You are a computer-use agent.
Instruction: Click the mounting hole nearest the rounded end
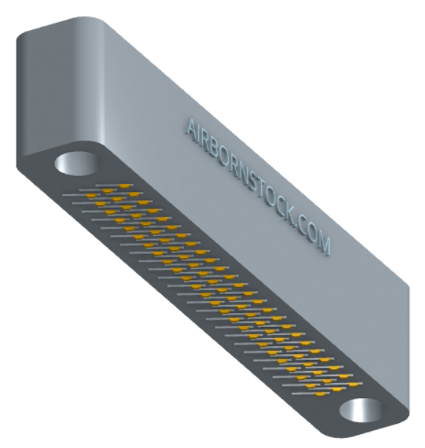pyautogui.click(x=76, y=164)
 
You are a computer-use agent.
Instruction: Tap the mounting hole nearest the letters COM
pyautogui.click(x=361, y=411)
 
